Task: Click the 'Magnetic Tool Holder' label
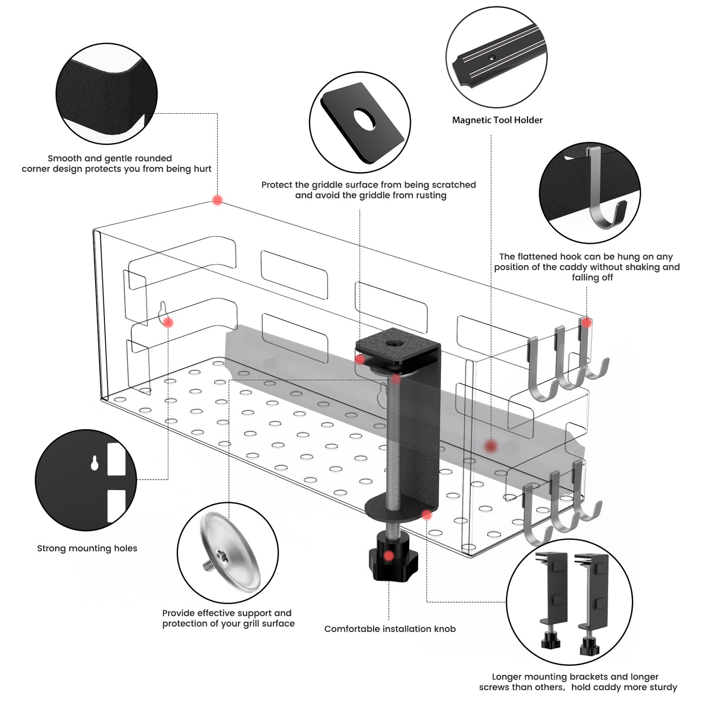tap(497, 120)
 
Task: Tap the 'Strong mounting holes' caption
tap(87, 548)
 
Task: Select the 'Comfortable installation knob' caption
tap(390, 629)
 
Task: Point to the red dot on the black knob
tap(388, 556)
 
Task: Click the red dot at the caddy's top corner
tap(218, 200)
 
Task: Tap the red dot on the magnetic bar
tap(491, 446)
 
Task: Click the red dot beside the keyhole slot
tap(168, 322)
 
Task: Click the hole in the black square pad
tap(364, 119)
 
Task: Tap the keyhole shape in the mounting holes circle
tap(95, 463)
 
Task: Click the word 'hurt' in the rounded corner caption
tap(202, 169)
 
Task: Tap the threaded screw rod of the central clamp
tap(394, 439)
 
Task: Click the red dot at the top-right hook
tap(586, 322)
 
